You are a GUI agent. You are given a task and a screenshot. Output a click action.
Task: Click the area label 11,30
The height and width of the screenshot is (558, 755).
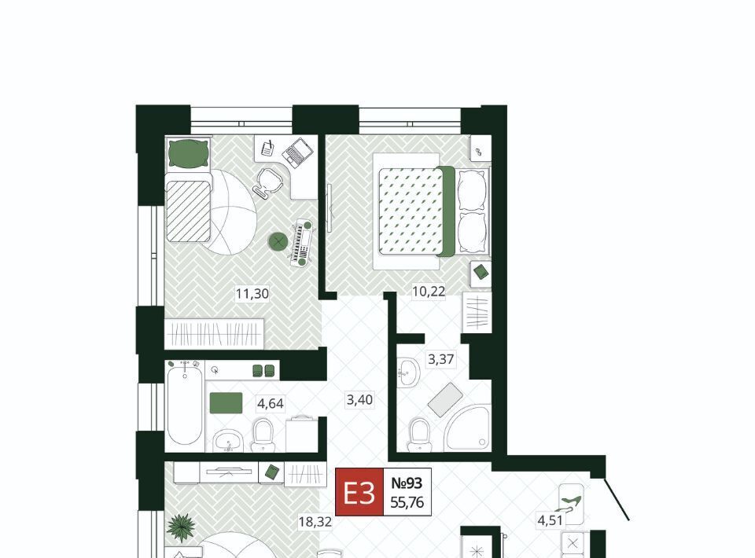click(252, 293)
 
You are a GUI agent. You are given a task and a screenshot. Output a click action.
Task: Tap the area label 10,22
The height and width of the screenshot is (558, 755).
click(429, 291)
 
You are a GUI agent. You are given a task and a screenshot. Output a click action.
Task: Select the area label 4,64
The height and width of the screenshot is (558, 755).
click(270, 404)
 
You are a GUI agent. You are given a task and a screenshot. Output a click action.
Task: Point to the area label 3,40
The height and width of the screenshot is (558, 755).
click(359, 400)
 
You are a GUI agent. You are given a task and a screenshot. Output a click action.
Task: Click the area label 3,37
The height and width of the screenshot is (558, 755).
click(441, 359)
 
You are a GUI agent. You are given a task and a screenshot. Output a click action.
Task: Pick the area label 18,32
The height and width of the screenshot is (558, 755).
click(315, 521)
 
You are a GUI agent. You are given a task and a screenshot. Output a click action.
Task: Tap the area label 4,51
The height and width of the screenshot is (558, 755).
click(550, 520)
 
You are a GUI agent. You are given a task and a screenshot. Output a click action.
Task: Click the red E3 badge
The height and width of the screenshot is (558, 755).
click(359, 492)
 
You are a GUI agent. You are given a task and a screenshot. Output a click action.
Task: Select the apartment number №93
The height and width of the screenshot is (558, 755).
click(407, 483)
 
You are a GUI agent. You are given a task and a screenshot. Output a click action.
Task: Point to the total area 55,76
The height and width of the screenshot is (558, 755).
click(407, 503)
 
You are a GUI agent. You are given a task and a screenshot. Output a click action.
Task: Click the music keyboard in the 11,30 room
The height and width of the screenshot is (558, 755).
click(303, 242)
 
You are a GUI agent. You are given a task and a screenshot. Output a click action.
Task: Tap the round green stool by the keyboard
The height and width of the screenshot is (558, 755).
click(278, 241)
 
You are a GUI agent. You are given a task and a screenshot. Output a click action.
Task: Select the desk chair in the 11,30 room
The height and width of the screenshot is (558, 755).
click(267, 182)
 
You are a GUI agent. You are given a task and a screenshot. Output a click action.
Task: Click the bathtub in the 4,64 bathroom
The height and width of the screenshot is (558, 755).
click(185, 405)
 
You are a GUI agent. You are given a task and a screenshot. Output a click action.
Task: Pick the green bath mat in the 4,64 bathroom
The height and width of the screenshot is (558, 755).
click(226, 403)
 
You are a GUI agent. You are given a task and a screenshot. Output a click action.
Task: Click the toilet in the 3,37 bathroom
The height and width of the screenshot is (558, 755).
click(419, 435)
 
